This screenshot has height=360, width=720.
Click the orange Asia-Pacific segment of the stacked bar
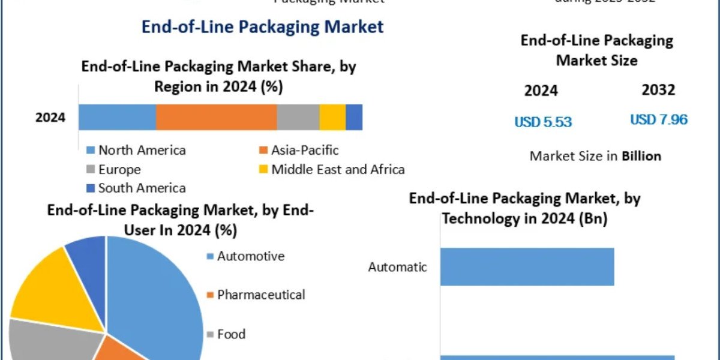[216, 117]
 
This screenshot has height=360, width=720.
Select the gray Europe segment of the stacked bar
[298, 117]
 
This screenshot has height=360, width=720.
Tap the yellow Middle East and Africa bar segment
[332, 117]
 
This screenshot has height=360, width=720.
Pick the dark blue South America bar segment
[354, 117]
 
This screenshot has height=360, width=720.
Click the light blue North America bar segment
[117, 117]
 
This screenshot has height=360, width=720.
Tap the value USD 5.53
[543, 122]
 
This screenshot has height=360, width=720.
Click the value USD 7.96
[658, 119]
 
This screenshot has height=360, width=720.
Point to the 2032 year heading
[658, 90]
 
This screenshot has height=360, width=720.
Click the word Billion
[641, 156]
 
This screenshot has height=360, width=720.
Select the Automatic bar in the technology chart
[527, 266]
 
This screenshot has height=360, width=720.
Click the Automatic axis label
[398, 266]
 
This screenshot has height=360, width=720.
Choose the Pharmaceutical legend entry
[260, 295]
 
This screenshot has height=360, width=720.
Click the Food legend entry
[231, 334]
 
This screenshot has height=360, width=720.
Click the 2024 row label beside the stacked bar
[50, 117]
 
